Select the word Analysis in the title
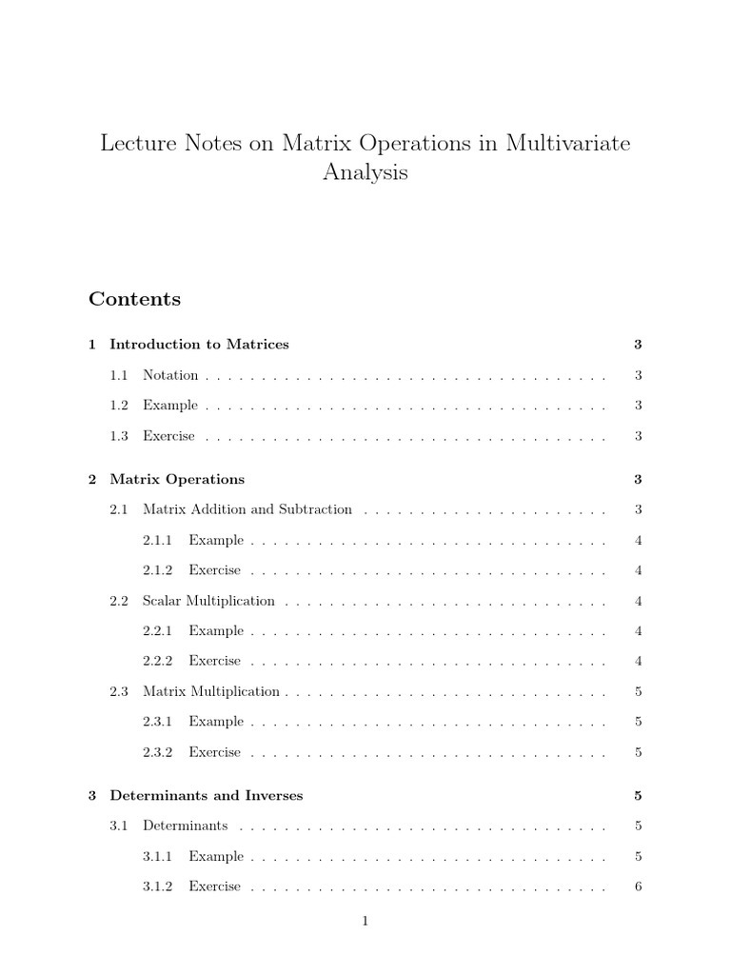(365, 173)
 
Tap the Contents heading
(134, 299)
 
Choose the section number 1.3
(118, 436)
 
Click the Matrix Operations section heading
(177, 479)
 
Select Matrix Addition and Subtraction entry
(247, 509)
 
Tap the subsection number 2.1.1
(157, 540)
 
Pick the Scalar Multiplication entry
(208, 601)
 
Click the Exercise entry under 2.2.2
(215, 661)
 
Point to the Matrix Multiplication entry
(211, 691)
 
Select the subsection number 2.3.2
(157, 752)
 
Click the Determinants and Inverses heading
(207, 795)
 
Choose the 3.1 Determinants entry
(185, 826)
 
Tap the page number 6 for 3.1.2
(638, 886)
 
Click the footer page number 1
(365, 921)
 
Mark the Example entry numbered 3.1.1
(216, 856)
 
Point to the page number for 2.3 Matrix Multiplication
(638, 691)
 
